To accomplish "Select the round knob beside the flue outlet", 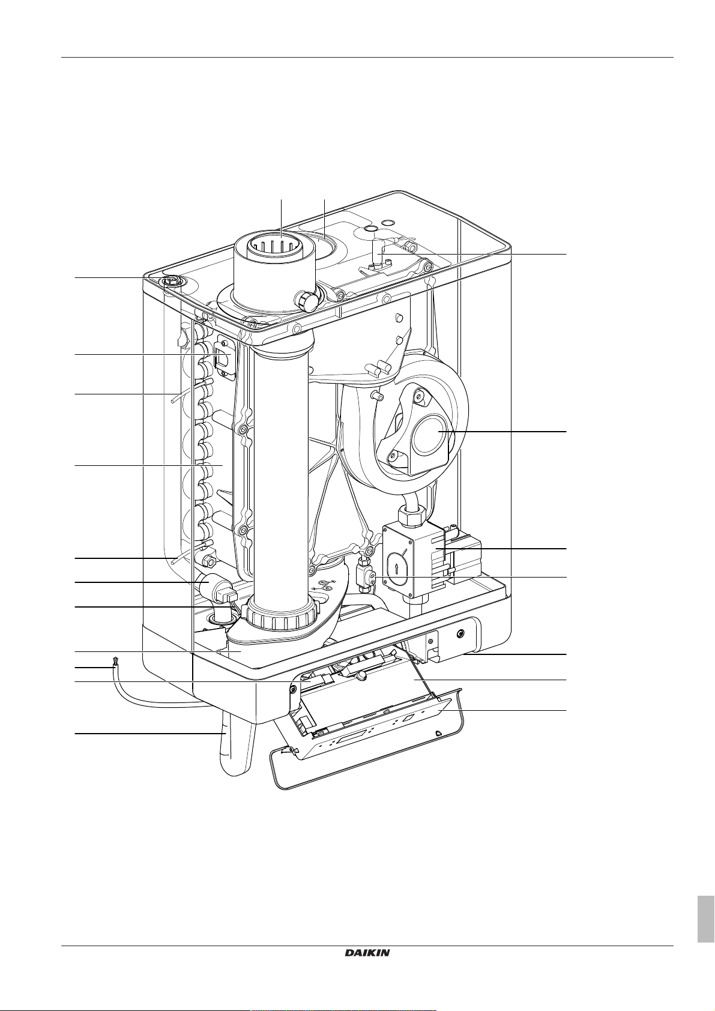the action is click(307, 301).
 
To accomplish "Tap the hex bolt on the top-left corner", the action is click(172, 283).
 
